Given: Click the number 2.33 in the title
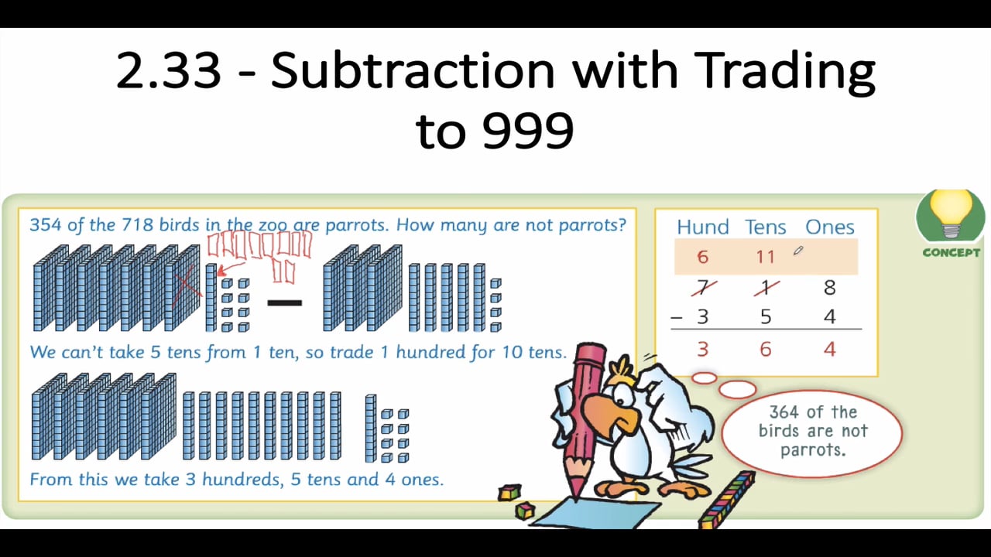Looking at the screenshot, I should pos(169,70).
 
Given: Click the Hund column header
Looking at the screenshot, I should pos(702,227).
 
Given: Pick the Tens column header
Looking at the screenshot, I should pos(765,227).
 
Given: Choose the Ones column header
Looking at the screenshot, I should pos(829,227).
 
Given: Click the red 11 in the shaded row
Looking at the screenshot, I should pos(765,257).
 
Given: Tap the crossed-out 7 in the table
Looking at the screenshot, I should pos(702,288).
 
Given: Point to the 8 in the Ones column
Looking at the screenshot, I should pos(829,288).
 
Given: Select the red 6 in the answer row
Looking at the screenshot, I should pos(765,350).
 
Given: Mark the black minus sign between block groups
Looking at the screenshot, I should pos(284,302).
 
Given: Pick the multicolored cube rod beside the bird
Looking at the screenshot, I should pos(728,500).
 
